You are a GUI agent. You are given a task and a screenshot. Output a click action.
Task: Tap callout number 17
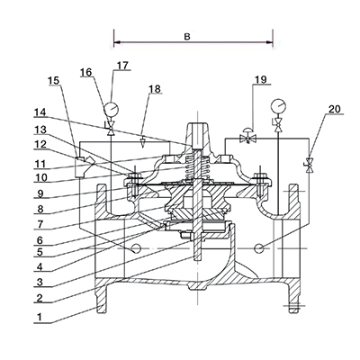click(122, 67)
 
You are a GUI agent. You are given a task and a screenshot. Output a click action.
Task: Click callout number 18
click(154, 90)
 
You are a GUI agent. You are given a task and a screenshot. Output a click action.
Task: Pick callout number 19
click(261, 81)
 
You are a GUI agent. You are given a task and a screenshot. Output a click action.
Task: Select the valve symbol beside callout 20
click(310, 165)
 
